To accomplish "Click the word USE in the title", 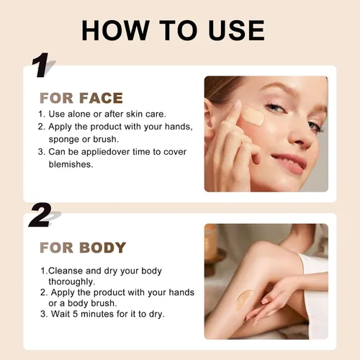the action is (x=236, y=30).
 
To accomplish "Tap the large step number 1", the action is (x=41, y=65).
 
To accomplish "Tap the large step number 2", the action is (x=40, y=215).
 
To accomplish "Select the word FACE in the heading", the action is (x=101, y=98).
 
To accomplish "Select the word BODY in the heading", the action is (x=103, y=248).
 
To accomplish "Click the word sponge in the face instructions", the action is (x=64, y=140).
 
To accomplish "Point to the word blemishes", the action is (x=71, y=164).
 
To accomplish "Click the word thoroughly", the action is (x=72, y=282).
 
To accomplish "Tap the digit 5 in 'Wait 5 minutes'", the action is (x=75, y=314).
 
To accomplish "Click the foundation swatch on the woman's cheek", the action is (x=253, y=117).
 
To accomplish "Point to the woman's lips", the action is (x=289, y=163).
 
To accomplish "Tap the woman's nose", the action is (x=300, y=135).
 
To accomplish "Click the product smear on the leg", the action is (x=243, y=299).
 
